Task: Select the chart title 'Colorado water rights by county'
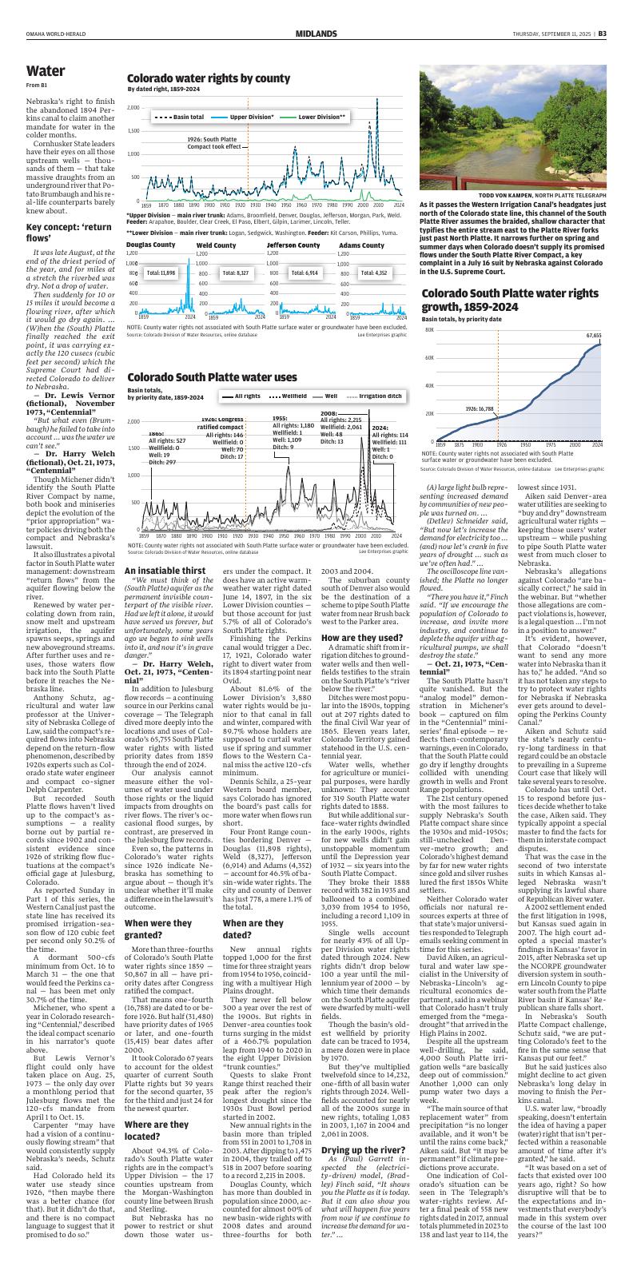(x=208, y=78)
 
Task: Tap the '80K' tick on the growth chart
(x=429, y=329)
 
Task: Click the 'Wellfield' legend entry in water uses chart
(x=295, y=396)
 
